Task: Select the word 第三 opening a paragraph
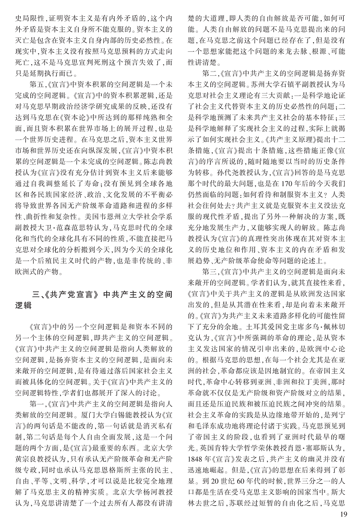[210, 271]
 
